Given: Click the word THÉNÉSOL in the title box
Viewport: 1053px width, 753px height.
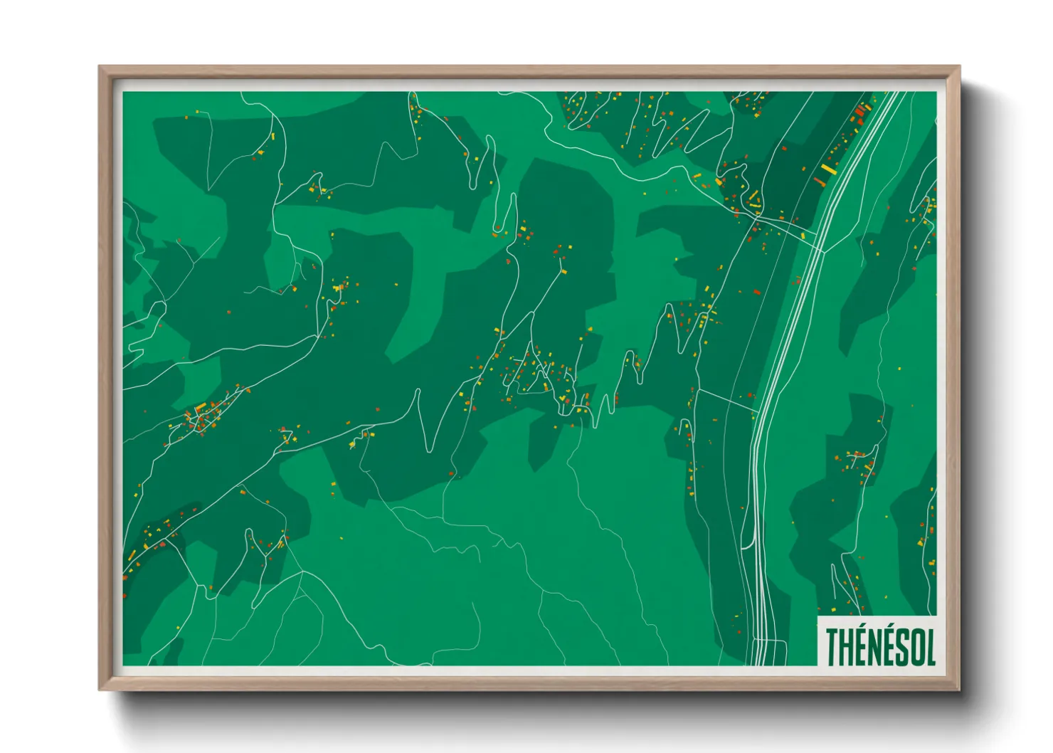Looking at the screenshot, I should tap(880, 646).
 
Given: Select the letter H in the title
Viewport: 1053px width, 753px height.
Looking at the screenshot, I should tap(847, 647).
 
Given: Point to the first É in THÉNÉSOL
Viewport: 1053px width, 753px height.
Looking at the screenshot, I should tap(862, 647).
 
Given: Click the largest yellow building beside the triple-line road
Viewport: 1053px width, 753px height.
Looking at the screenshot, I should tap(827, 169).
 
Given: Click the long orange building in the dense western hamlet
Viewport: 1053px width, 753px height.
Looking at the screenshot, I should tap(201, 408).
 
